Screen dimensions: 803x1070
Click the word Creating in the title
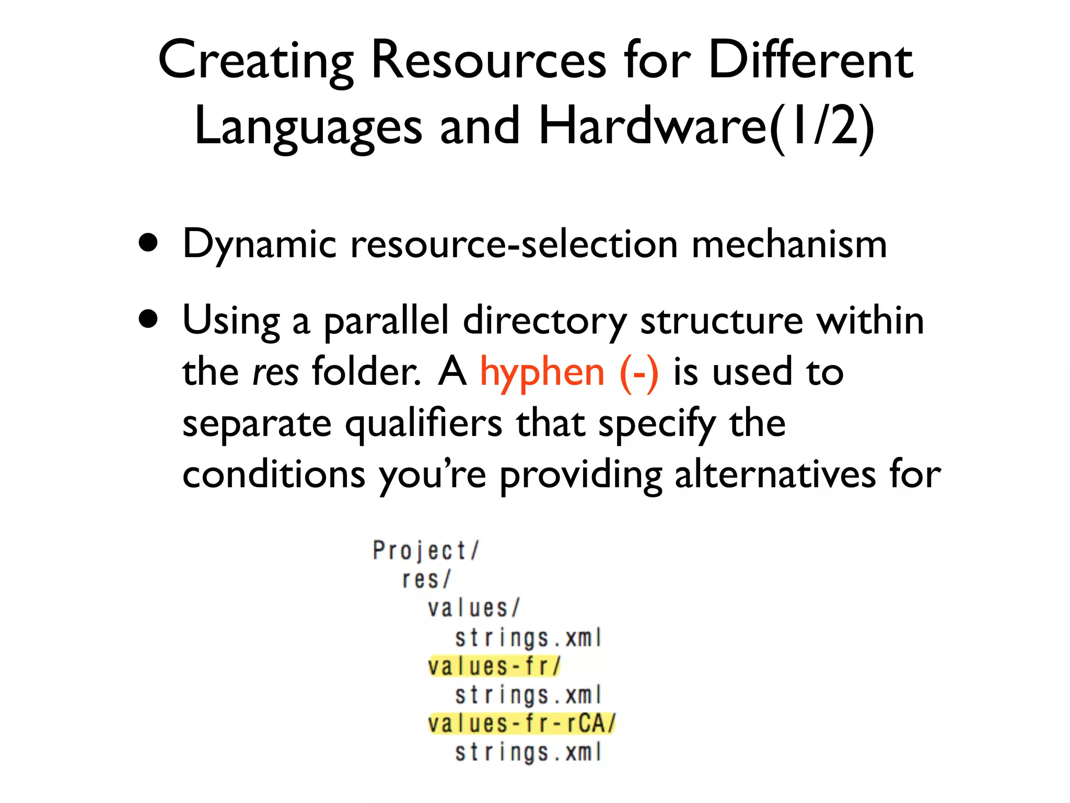tap(256, 62)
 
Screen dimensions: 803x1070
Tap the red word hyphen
tap(542, 372)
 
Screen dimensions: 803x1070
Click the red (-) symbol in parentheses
tap(639, 372)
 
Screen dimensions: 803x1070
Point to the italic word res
tap(275, 372)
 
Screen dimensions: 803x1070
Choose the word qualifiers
tap(424, 423)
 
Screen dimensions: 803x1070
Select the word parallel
tap(387, 321)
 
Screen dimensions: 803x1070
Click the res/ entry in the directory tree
tap(426, 579)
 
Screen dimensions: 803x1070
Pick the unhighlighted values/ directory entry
tap(473, 608)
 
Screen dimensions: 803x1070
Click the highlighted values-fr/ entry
tap(494, 666)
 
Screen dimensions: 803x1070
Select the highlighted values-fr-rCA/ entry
tap(521, 724)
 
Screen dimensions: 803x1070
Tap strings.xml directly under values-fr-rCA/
tap(528, 752)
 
